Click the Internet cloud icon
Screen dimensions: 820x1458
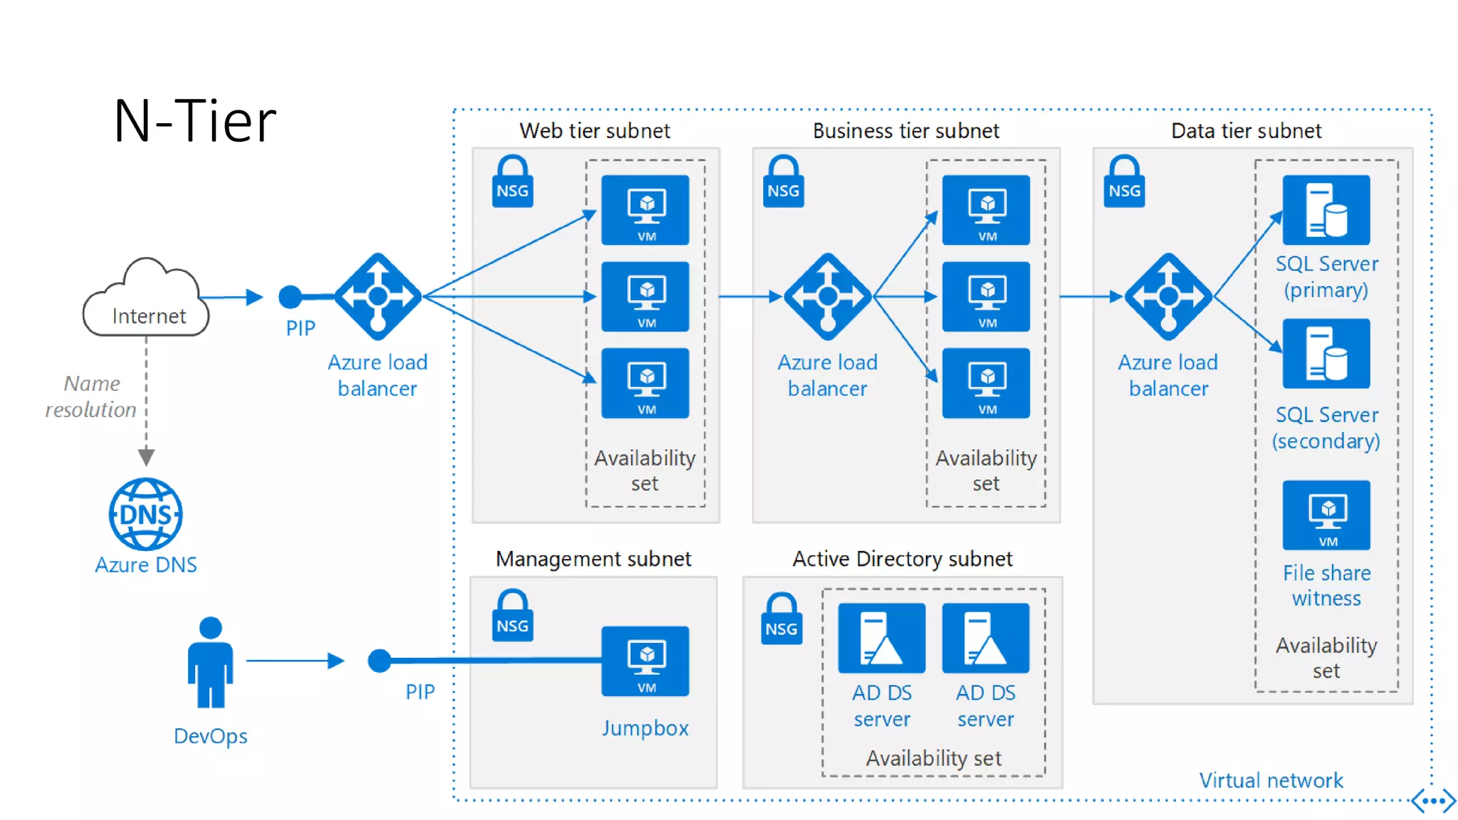(x=147, y=299)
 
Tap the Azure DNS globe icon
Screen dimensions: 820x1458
(x=146, y=514)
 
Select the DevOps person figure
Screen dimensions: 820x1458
(x=210, y=662)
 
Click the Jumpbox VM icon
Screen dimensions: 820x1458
(x=645, y=661)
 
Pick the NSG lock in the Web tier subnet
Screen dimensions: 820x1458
(x=513, y=182)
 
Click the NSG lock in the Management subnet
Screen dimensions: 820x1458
(x=513, y=616)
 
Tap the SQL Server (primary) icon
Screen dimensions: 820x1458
(x=1326, y=210)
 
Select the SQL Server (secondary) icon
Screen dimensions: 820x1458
(x=1326, y=354)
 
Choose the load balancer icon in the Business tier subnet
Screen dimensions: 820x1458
(x=827, y=296)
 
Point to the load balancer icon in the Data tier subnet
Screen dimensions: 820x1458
(x=1168, y=296)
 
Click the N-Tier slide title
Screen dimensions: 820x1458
(x=194, y=121)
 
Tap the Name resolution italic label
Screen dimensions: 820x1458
(x=91, y=396)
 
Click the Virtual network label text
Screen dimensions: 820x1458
(x=1271, y=780)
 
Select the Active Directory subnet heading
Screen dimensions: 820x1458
(x=902, y=559)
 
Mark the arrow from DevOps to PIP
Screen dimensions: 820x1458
(x=295, y=661)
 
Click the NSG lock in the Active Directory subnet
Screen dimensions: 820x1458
(x=782, y=619)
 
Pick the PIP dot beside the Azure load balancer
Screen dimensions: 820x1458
(x=290, y=297)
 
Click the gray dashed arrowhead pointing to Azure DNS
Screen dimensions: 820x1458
(x=147, y=456)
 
